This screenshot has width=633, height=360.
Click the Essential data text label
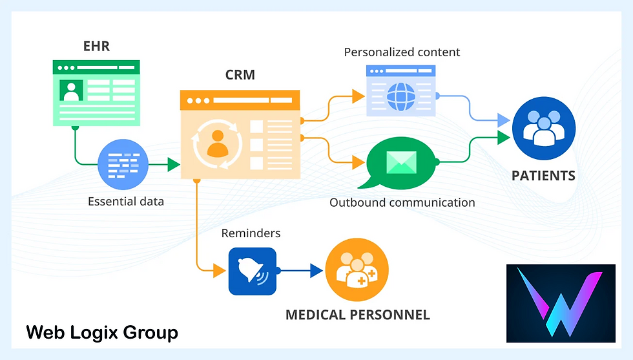pos(126,201)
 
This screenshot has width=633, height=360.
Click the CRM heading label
pos(240,75)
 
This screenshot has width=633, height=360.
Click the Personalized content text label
pos(402,52)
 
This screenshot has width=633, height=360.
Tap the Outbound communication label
pos(402,202)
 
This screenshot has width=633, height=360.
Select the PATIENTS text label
pos(543,176)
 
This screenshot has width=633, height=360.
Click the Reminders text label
pos(251,233)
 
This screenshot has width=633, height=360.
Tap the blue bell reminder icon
pos(252,271)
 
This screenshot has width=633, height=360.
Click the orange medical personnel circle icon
pos(357,271)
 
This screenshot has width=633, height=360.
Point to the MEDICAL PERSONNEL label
pos(357,315)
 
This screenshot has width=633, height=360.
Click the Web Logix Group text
pos(102,333)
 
